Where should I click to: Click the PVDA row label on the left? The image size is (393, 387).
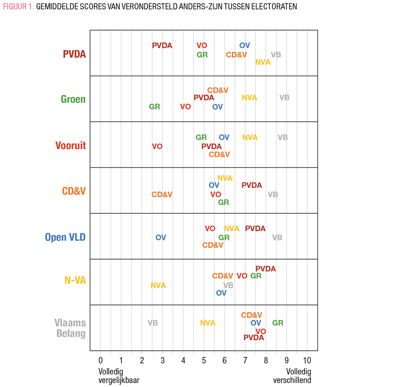74,55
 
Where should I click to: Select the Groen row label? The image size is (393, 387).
73,99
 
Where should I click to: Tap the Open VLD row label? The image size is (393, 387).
65,237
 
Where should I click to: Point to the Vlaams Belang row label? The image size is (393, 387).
70,328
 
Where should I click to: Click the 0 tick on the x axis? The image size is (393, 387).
100,360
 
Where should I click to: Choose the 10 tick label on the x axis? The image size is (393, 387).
307,360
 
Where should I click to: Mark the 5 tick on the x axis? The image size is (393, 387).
204,360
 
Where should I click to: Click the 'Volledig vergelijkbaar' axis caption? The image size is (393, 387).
119,376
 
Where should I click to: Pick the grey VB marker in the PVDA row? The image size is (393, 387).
276,55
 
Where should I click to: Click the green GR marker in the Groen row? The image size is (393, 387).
155,106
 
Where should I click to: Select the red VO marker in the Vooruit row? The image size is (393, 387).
157,146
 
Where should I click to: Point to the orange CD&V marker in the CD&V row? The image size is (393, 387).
162,195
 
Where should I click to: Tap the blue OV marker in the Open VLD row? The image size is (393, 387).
161,237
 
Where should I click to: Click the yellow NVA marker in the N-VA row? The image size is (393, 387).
159,285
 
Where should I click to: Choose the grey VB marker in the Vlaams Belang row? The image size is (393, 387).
152,323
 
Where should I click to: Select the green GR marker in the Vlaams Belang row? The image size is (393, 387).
278,323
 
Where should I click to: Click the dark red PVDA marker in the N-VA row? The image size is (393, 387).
265,269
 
